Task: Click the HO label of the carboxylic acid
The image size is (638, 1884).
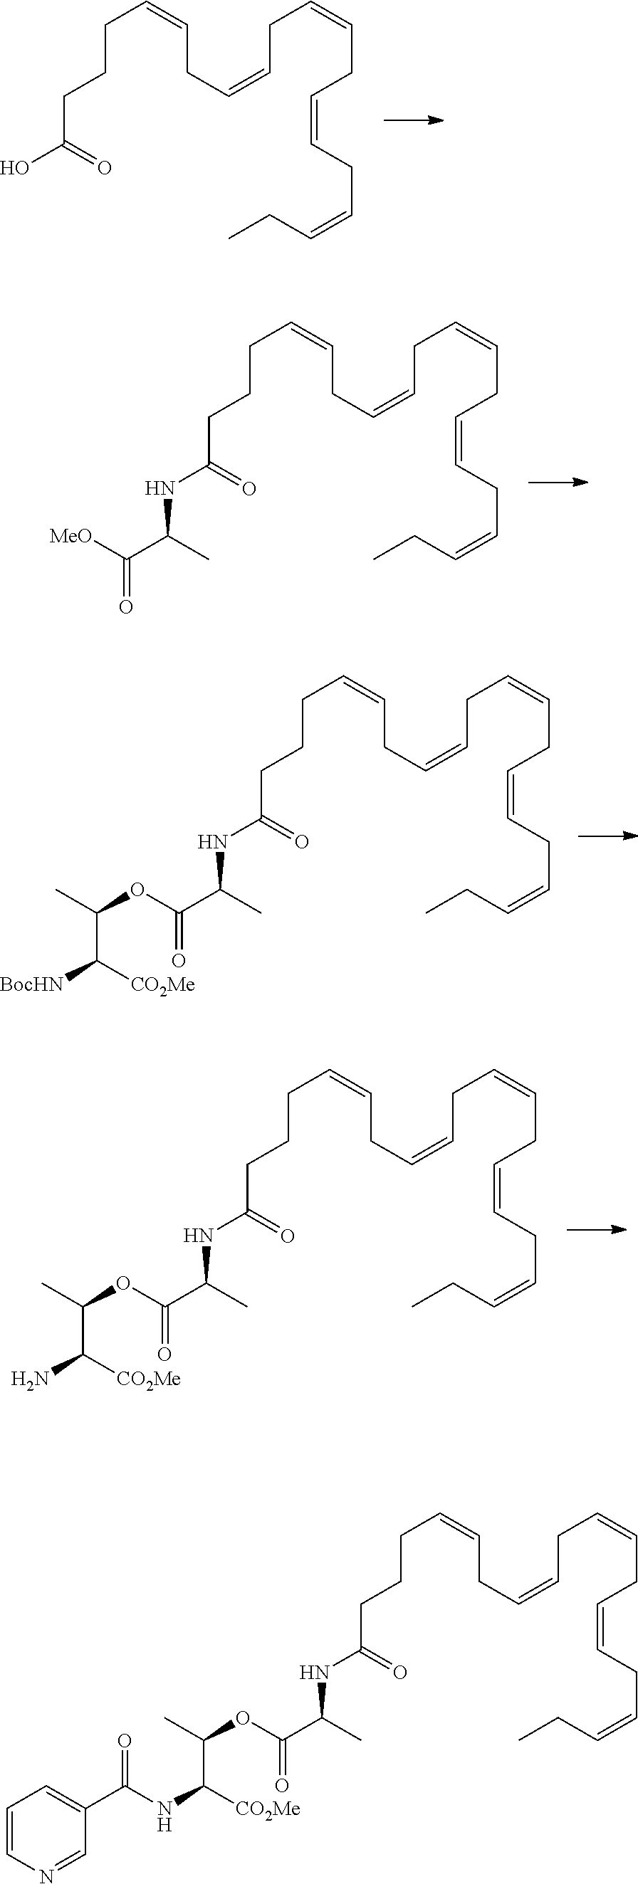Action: [15, 168]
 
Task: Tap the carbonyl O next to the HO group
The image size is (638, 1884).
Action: [104, 169]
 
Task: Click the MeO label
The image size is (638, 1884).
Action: [70, 537]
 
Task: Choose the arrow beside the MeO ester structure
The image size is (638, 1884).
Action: [558, 481]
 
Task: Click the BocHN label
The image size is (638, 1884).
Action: [31, 985]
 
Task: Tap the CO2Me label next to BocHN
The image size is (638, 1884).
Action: [162, 985]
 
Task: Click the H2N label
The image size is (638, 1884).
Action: [30, 1379]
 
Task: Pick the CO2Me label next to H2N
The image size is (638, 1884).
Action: [149, 1379]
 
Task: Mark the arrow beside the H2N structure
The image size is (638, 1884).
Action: [596, 1230]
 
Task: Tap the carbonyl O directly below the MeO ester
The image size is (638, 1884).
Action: [126, 606]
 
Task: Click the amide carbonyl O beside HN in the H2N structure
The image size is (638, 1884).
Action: [287, 1236]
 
